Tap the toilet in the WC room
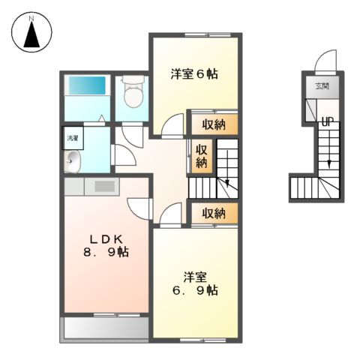(131, 93)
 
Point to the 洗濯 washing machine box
(72, 138)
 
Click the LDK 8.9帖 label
(105, 245)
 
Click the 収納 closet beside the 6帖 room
(214, 124)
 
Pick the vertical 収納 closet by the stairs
(201, 156)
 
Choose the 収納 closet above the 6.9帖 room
(214, 213)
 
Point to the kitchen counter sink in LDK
(103, 185)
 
